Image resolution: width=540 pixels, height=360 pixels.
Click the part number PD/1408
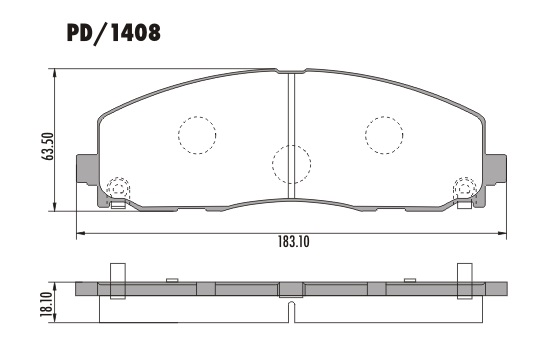click(x=113, y=34)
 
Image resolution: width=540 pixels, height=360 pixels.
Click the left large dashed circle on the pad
click(x=197, y=134)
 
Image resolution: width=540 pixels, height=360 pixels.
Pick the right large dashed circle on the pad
click(x=384, y=133)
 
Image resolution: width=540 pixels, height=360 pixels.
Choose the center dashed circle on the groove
click(x=291, y=163)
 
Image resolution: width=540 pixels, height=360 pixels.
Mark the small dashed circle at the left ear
click(x=117, y=186)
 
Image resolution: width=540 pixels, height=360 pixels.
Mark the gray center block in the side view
click(x=290, y=289)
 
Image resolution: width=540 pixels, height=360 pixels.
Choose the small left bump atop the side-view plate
click(x=172, y=279)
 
